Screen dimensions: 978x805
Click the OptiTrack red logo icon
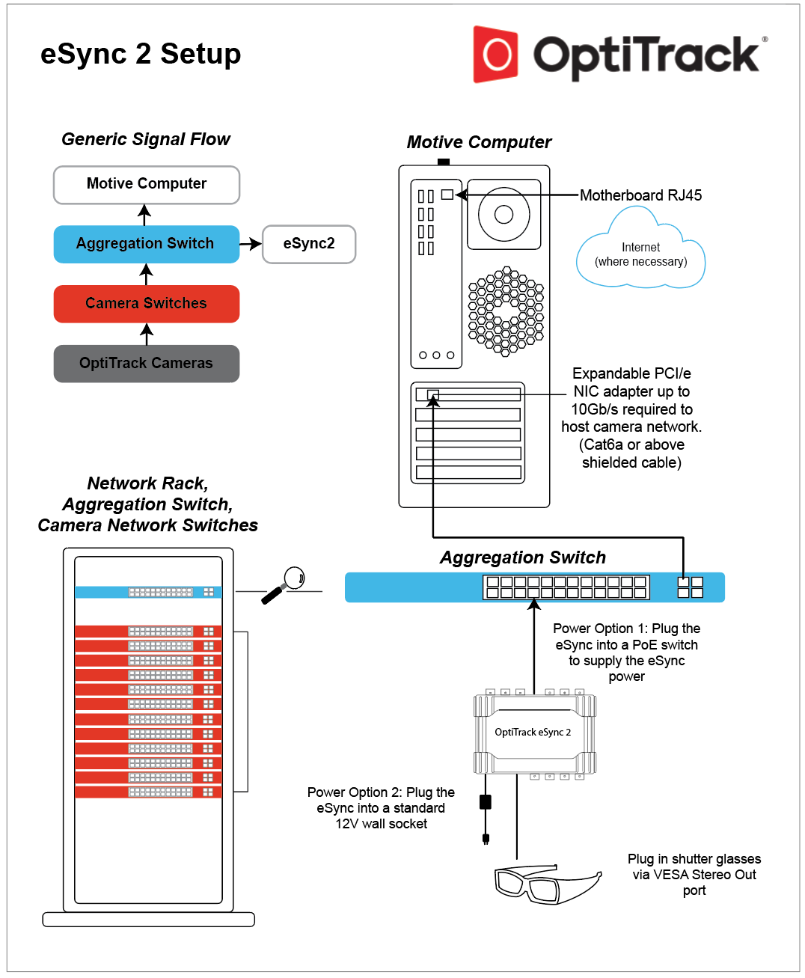click(x=495, y=54)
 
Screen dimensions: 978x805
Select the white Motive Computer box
click(x=147, y=184)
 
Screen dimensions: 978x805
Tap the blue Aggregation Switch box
click(x=146, y=244)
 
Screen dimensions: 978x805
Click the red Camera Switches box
click(x=146, y=304)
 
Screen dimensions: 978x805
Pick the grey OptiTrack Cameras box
click(x=146, y=364)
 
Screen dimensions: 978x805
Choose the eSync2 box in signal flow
click(x=309, y=244)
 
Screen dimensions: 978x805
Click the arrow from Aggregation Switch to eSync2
click(x=251, y=244)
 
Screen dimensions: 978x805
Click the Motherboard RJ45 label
click(x=640, y=195)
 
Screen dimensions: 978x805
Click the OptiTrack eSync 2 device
click(x=533, y=733)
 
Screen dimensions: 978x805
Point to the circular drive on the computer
click(x=503, y=215)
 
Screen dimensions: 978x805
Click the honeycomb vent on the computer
click(x=506, y=311)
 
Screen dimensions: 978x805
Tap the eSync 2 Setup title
click(x=141, y=54)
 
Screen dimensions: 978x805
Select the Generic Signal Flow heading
click(x=146, y=139)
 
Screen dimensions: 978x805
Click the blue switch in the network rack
click(x=148, y=592)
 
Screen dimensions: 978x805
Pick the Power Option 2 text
click(x=381, y=808)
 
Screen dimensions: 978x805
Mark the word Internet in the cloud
click(x=640, y=247)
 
